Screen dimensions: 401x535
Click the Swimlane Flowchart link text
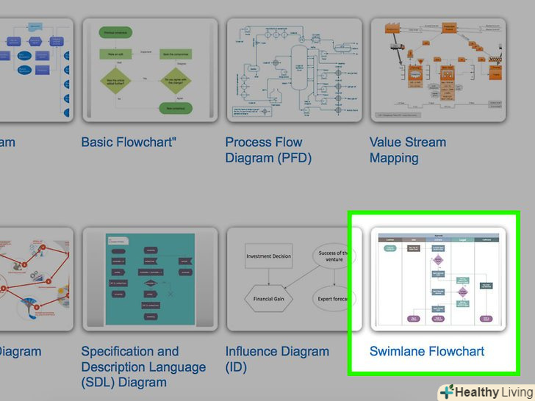(x=427, y=351)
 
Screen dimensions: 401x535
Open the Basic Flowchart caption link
(x=129, y=142)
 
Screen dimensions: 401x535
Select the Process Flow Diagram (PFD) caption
(x=268, y=150)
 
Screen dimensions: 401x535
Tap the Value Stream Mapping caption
(x=408, y=150)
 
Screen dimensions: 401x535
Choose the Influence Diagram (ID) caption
(x=277, y=359)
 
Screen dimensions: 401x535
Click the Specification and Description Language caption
(x=143, y=366)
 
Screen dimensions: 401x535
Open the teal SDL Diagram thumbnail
(x=150, y=279)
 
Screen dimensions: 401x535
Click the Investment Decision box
(x=268, y=256)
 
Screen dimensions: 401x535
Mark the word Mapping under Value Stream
(x=394, y=158)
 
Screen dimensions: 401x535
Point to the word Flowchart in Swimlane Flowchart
(x=456, y=351)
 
